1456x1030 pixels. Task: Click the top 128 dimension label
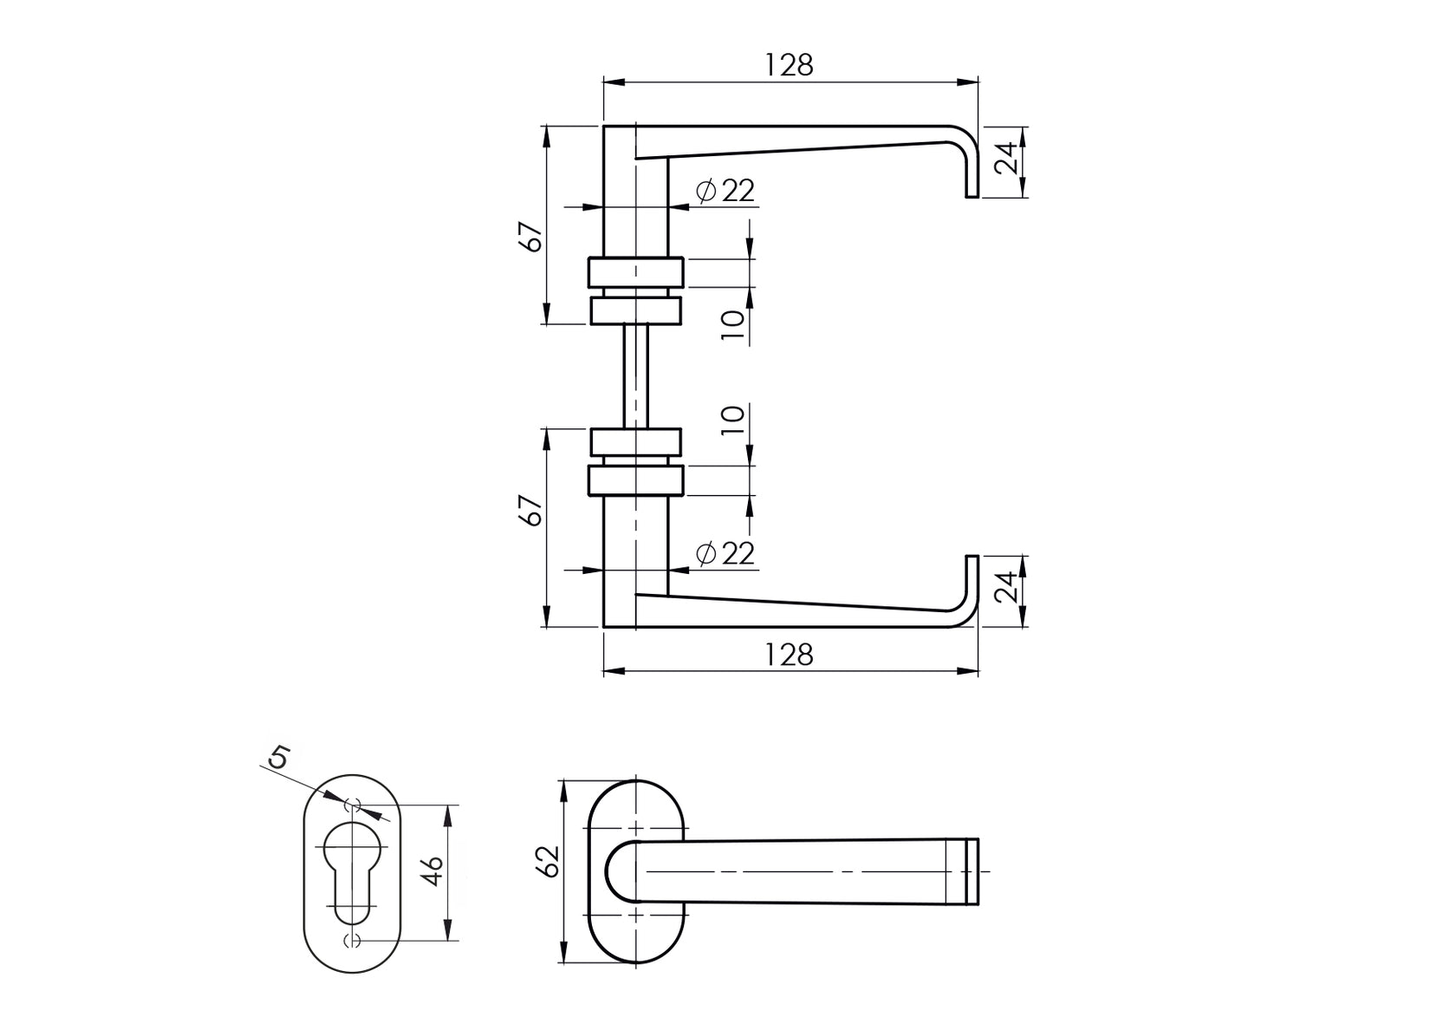point(790,65)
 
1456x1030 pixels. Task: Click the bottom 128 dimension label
point(790,655)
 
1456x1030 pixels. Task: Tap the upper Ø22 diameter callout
point(726,191)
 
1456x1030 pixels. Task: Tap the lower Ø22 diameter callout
point(726,553)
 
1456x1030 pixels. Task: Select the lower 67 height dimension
point(533,512)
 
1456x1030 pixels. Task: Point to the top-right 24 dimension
point(1005,160)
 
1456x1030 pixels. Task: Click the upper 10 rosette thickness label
point(733,326)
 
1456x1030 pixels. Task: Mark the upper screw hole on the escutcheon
point(353,805)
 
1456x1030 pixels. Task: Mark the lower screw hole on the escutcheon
point(353,941)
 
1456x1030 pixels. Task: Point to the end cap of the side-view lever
point(972,871)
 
